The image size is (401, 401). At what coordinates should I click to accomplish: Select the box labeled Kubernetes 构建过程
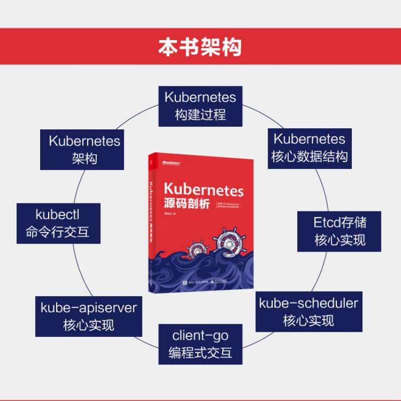pos(200,106)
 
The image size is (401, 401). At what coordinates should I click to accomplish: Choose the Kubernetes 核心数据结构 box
pos(309,148)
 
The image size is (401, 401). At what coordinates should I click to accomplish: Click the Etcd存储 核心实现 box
pos(339,231)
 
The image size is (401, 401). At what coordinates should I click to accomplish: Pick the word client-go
pos(200,334)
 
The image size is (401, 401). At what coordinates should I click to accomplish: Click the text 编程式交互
pos(200,352)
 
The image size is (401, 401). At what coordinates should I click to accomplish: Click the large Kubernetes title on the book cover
pos(203,190)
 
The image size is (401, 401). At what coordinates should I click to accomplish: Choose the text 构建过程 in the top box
pos(200,115)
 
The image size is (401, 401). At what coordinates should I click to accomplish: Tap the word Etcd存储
pos(339,222)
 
